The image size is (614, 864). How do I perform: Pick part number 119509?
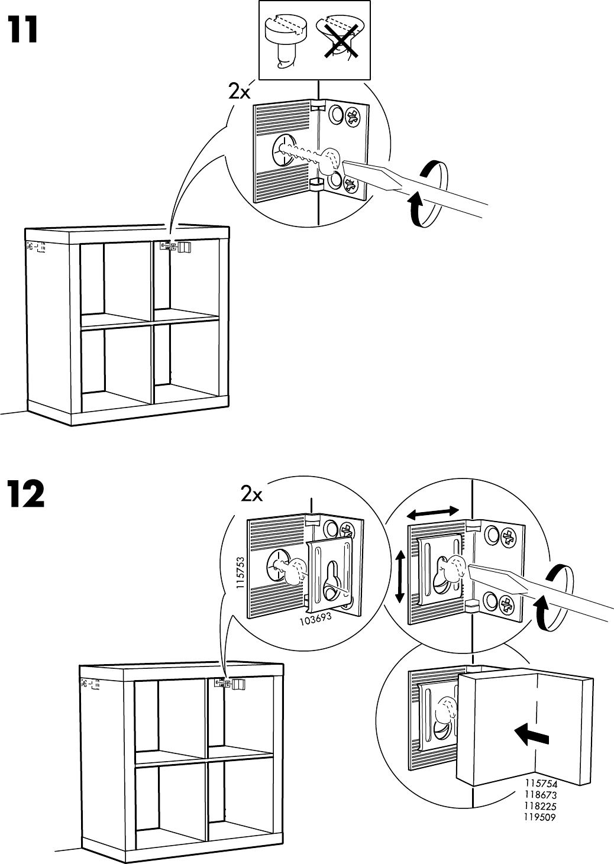point(541,818)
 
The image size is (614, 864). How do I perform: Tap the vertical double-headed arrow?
point(400,576)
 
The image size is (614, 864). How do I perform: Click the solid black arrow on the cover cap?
point(532,736)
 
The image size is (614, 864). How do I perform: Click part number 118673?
point(541,795)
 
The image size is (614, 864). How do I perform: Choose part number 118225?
point(541,807)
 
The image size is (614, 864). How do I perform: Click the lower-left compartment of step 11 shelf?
point(116,365)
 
